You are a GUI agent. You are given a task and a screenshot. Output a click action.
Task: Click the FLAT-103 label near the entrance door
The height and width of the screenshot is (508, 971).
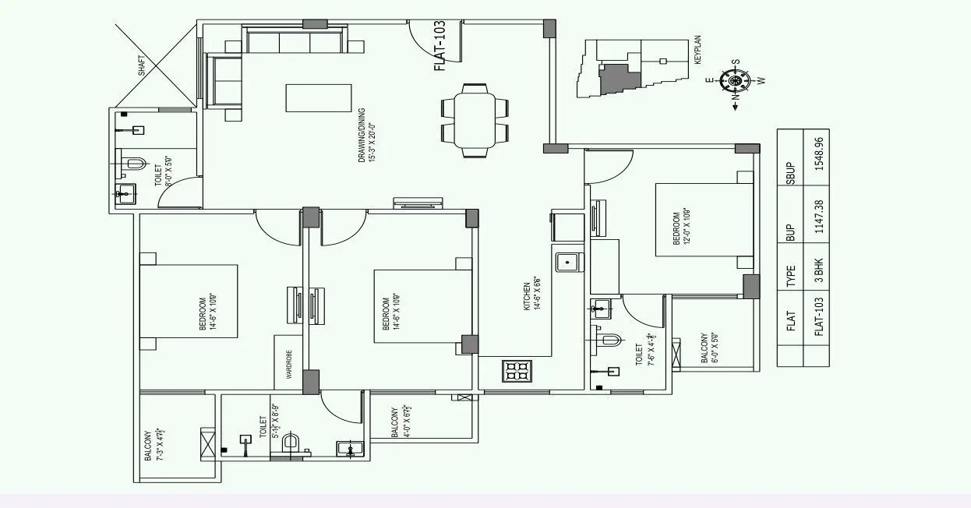tap(439, 48)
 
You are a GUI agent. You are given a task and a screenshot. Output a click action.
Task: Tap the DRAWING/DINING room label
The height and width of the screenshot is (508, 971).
tap(366, 135)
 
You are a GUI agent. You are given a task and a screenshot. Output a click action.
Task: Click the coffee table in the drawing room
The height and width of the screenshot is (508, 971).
tap(318, 98)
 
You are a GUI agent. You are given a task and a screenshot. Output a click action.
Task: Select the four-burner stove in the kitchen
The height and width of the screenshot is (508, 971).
tap(517, 371)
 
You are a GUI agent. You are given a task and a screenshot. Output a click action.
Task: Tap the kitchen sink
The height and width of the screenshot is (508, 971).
tap(568, 263)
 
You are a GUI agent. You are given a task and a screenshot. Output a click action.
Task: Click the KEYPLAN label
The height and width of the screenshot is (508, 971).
tap(697, 49)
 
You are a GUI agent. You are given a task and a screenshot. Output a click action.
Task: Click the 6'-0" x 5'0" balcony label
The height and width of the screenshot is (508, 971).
tap(708, 348)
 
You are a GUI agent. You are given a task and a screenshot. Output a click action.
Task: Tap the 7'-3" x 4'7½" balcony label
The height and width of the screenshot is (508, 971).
tap(154, 444)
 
